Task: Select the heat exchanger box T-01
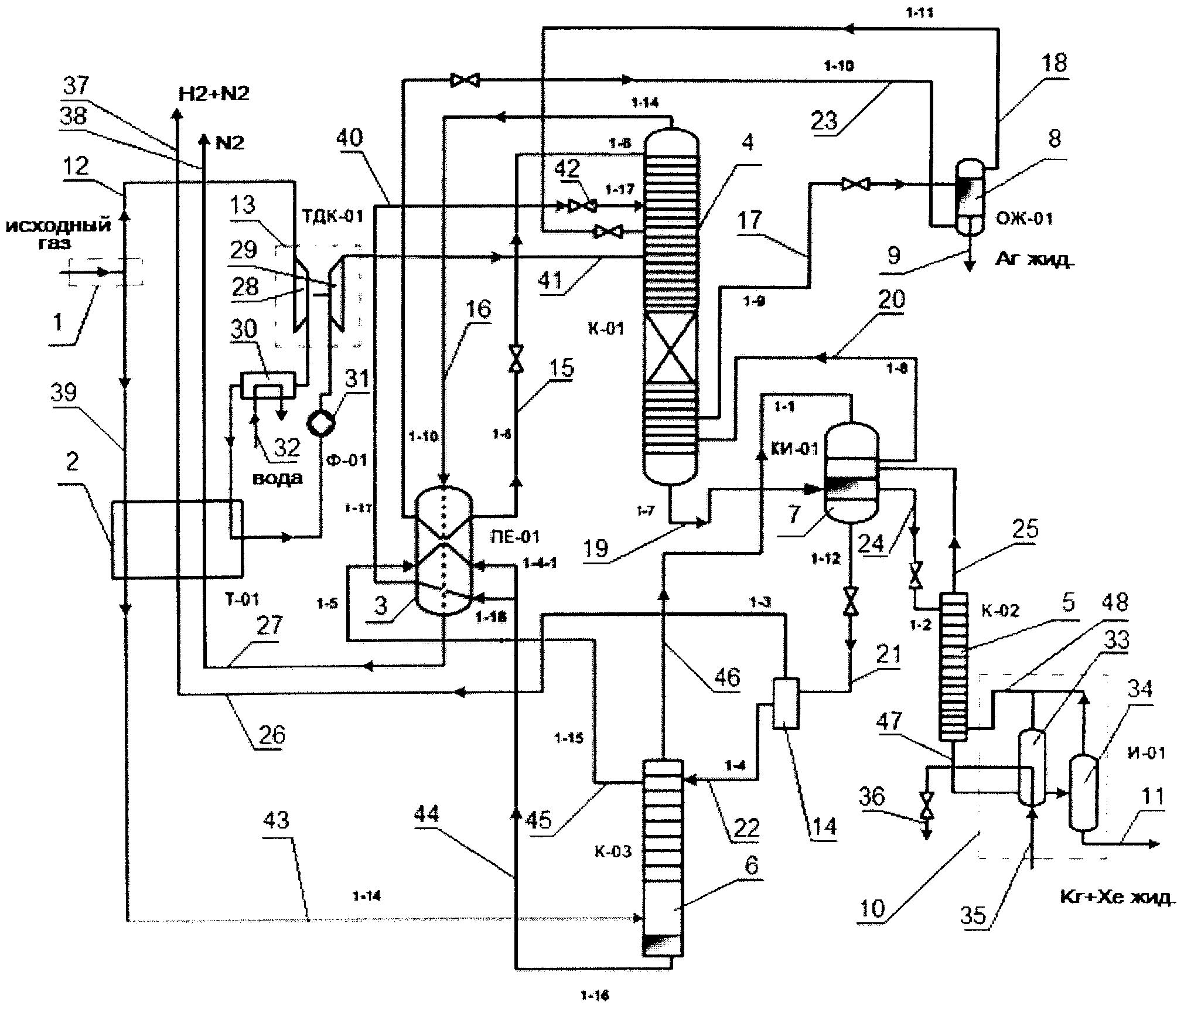coord(176,539)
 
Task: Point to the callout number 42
coord(566,169)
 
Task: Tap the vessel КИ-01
coord(851,472)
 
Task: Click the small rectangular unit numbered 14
coord(785,703)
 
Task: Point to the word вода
coord(278,478)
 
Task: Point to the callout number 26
coord(271,734)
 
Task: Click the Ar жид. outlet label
coord(1035,260)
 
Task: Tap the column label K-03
coord(613,852)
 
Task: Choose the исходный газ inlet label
coord(59,234)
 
